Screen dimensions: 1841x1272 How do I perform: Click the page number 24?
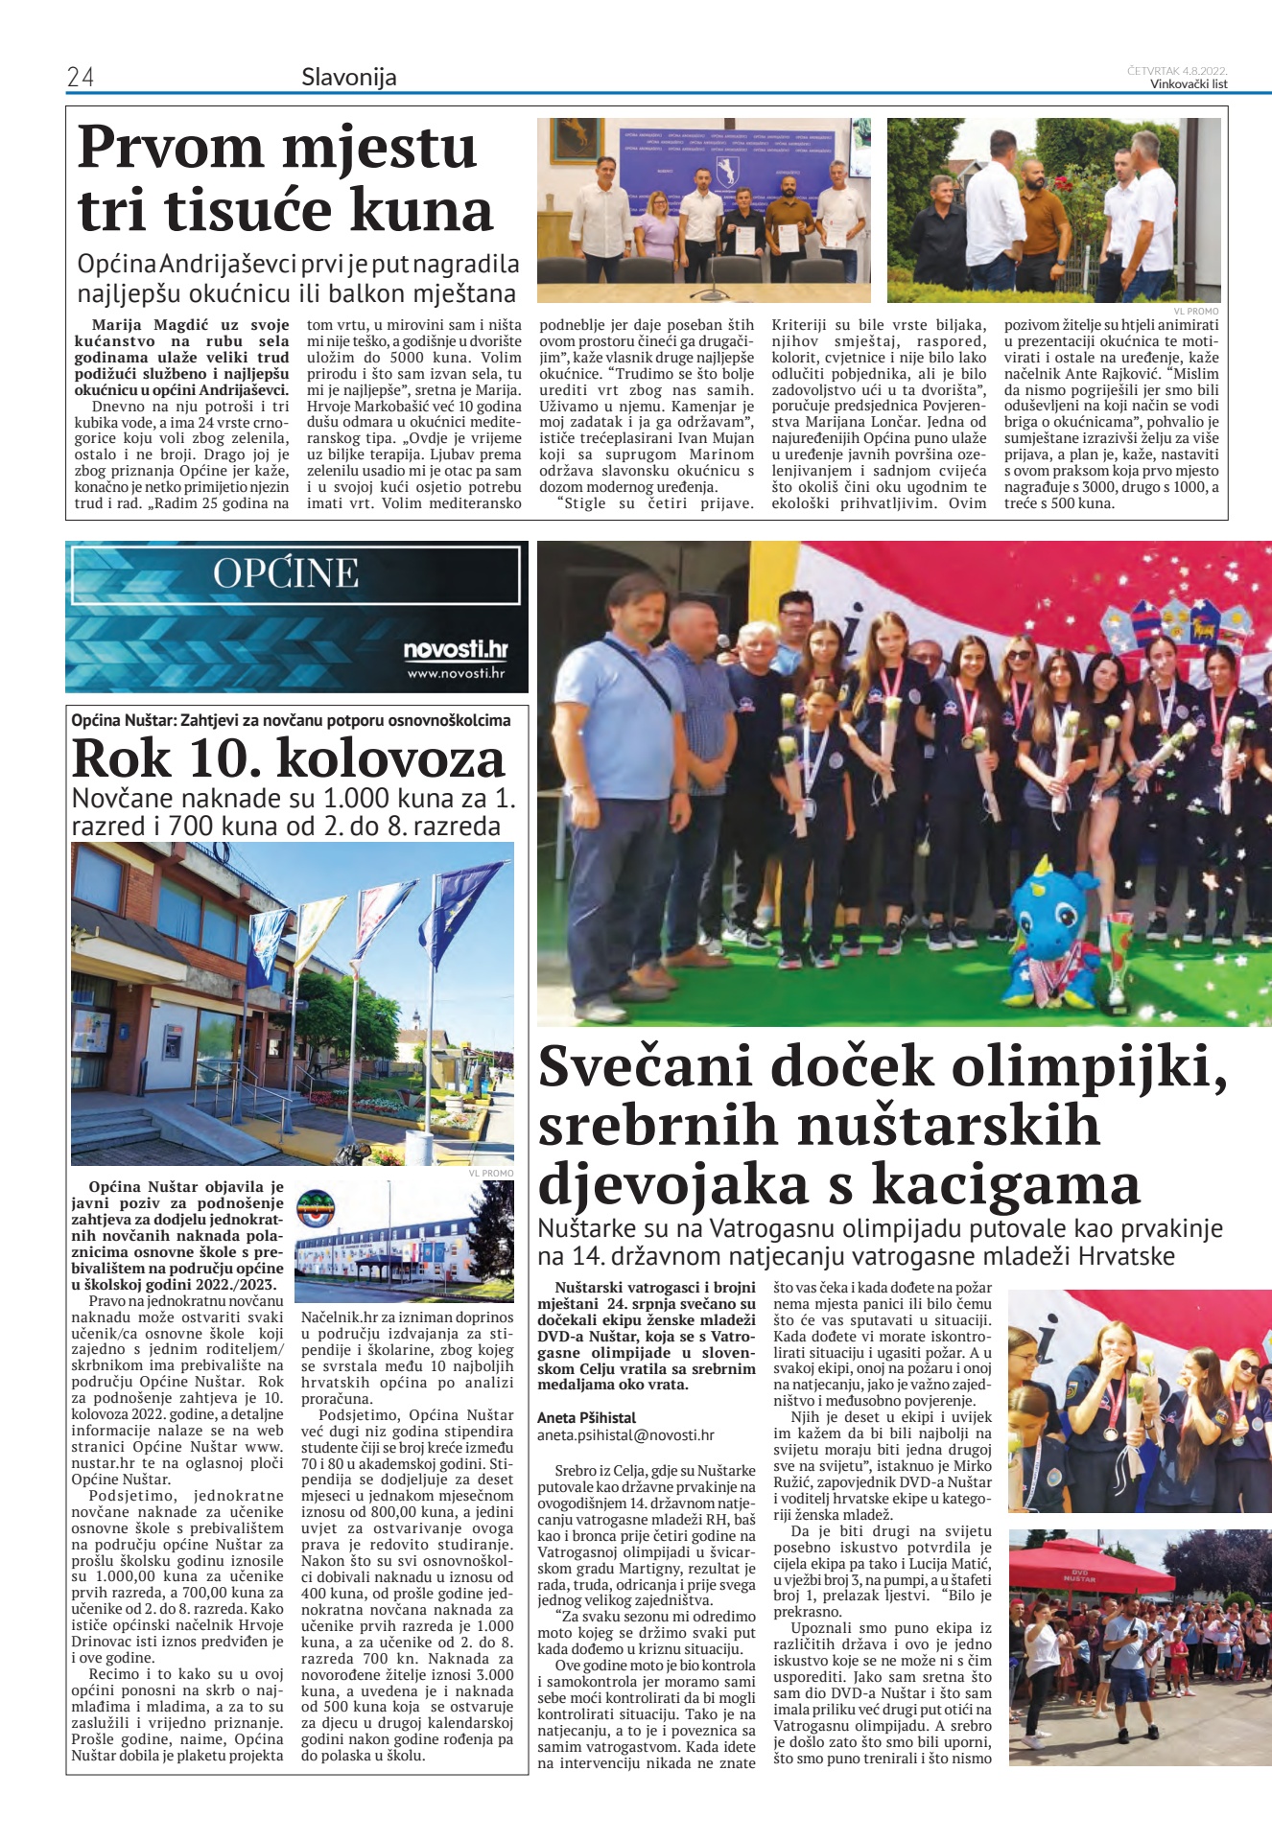(81, 77)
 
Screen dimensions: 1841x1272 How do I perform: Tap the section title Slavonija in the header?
(348, 77)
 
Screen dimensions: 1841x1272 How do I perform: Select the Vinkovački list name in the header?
(1189, 83)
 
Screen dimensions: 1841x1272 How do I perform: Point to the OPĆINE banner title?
(286, 573)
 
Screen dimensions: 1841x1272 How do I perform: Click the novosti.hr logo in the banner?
(455, 650)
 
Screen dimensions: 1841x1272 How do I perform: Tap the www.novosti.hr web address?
(456, 673)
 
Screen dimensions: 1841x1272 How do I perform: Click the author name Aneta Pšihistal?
(586, 1417)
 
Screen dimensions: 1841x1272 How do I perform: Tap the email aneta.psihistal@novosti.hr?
(625, 1434)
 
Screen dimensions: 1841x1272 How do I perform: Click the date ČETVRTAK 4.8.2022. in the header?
(1177, 71)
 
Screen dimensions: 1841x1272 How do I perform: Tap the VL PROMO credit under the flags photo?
(491, 1173)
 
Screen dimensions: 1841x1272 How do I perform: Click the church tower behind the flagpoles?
(416, 1025)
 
